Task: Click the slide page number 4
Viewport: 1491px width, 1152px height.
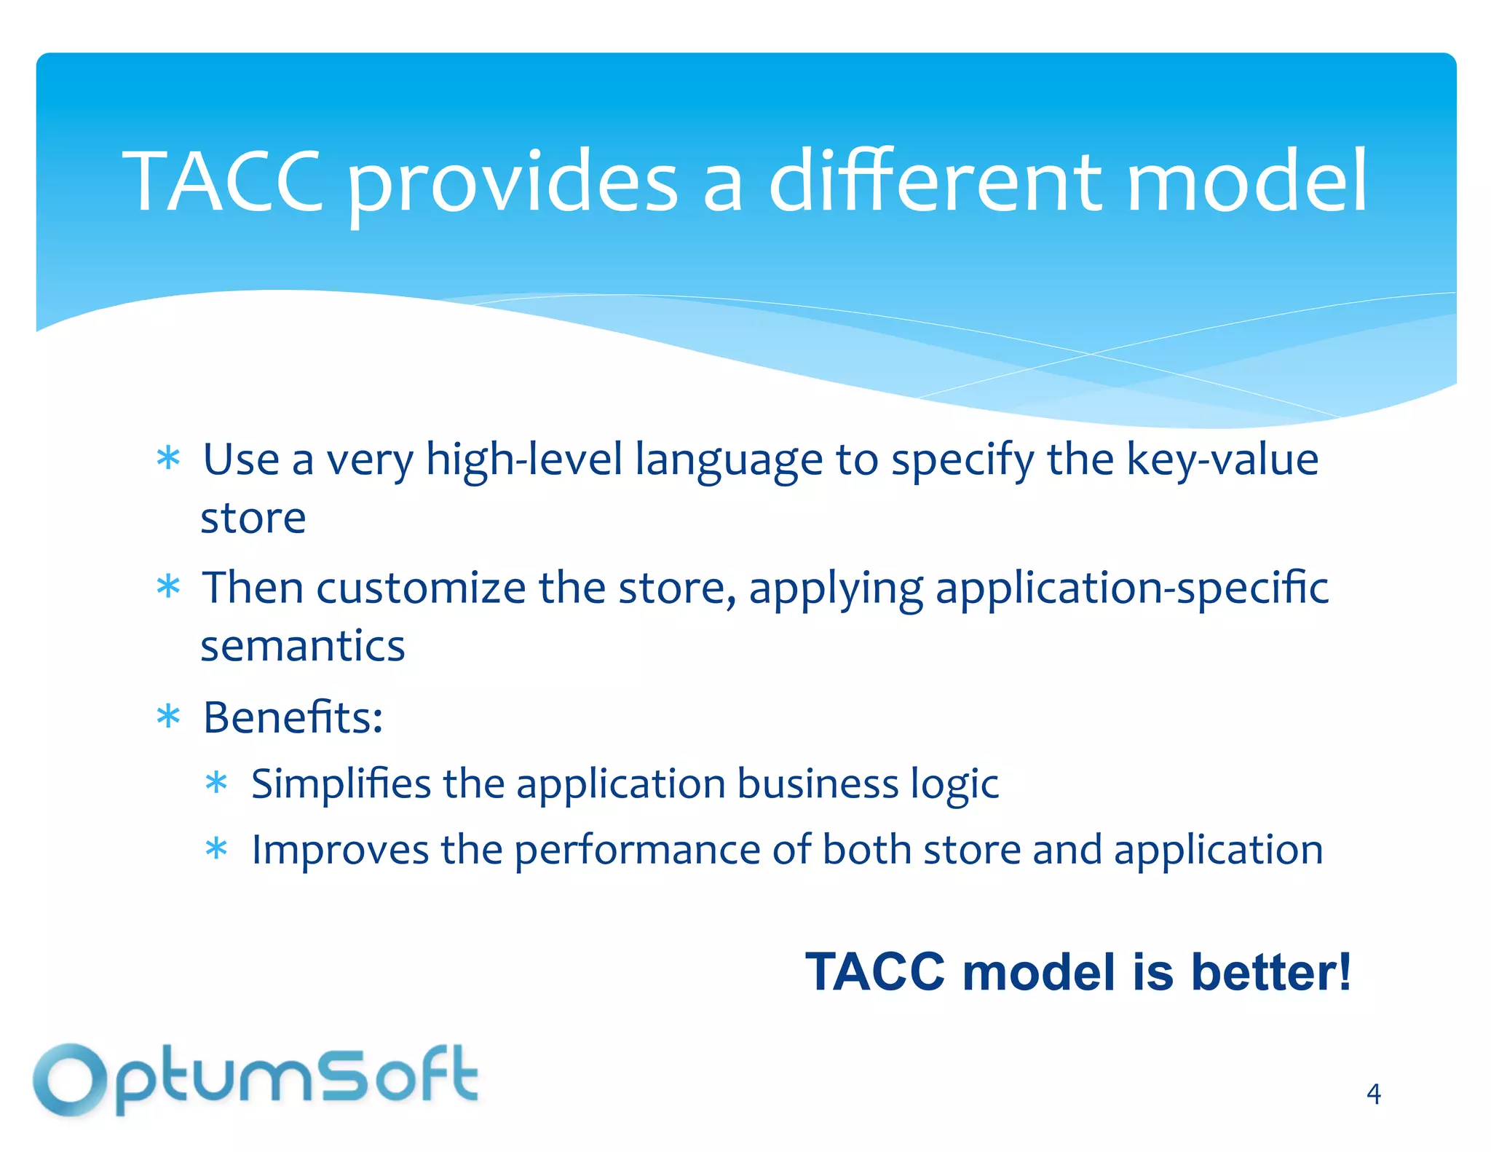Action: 1373,1094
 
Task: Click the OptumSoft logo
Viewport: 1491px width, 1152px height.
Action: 255,1079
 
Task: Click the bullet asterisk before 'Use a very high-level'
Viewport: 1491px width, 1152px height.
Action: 168,459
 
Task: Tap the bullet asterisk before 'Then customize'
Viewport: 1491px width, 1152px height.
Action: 168,587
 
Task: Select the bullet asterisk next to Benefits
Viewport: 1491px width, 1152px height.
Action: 168,717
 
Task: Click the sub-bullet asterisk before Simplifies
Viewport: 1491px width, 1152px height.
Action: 217,784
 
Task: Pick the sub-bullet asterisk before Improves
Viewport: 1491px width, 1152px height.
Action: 217,850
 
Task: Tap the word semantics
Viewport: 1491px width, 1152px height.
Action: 302,647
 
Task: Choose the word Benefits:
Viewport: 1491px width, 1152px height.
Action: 293,717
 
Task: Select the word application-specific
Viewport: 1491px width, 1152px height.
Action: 1131,588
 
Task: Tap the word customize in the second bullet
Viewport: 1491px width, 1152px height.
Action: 420,588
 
